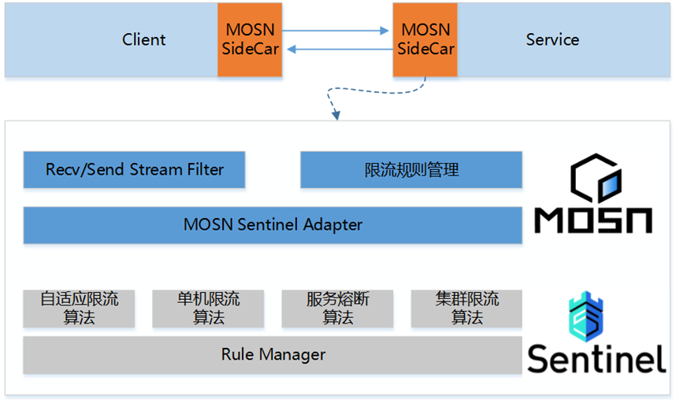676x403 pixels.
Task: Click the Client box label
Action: point(143,39)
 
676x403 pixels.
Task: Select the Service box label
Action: point(552,39)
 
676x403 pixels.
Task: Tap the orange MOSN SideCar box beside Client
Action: point(250,39)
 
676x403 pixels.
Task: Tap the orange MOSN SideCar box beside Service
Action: point(425,39)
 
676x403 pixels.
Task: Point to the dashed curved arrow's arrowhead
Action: point(336,116)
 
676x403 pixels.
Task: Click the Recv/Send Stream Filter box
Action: point(134,169)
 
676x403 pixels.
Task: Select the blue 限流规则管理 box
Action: point(411,169)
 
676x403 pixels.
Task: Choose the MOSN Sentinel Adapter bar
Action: point(273,224)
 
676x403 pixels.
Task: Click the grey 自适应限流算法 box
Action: point(79,308)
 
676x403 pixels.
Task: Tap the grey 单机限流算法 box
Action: point(208,308)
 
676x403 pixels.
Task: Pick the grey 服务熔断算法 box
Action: point(337,308)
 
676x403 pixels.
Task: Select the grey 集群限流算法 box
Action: point(466,308)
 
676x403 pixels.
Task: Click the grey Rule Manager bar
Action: point(273,354)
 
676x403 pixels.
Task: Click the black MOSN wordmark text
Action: point(593,220)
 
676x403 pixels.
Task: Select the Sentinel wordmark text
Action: point(596,358)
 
